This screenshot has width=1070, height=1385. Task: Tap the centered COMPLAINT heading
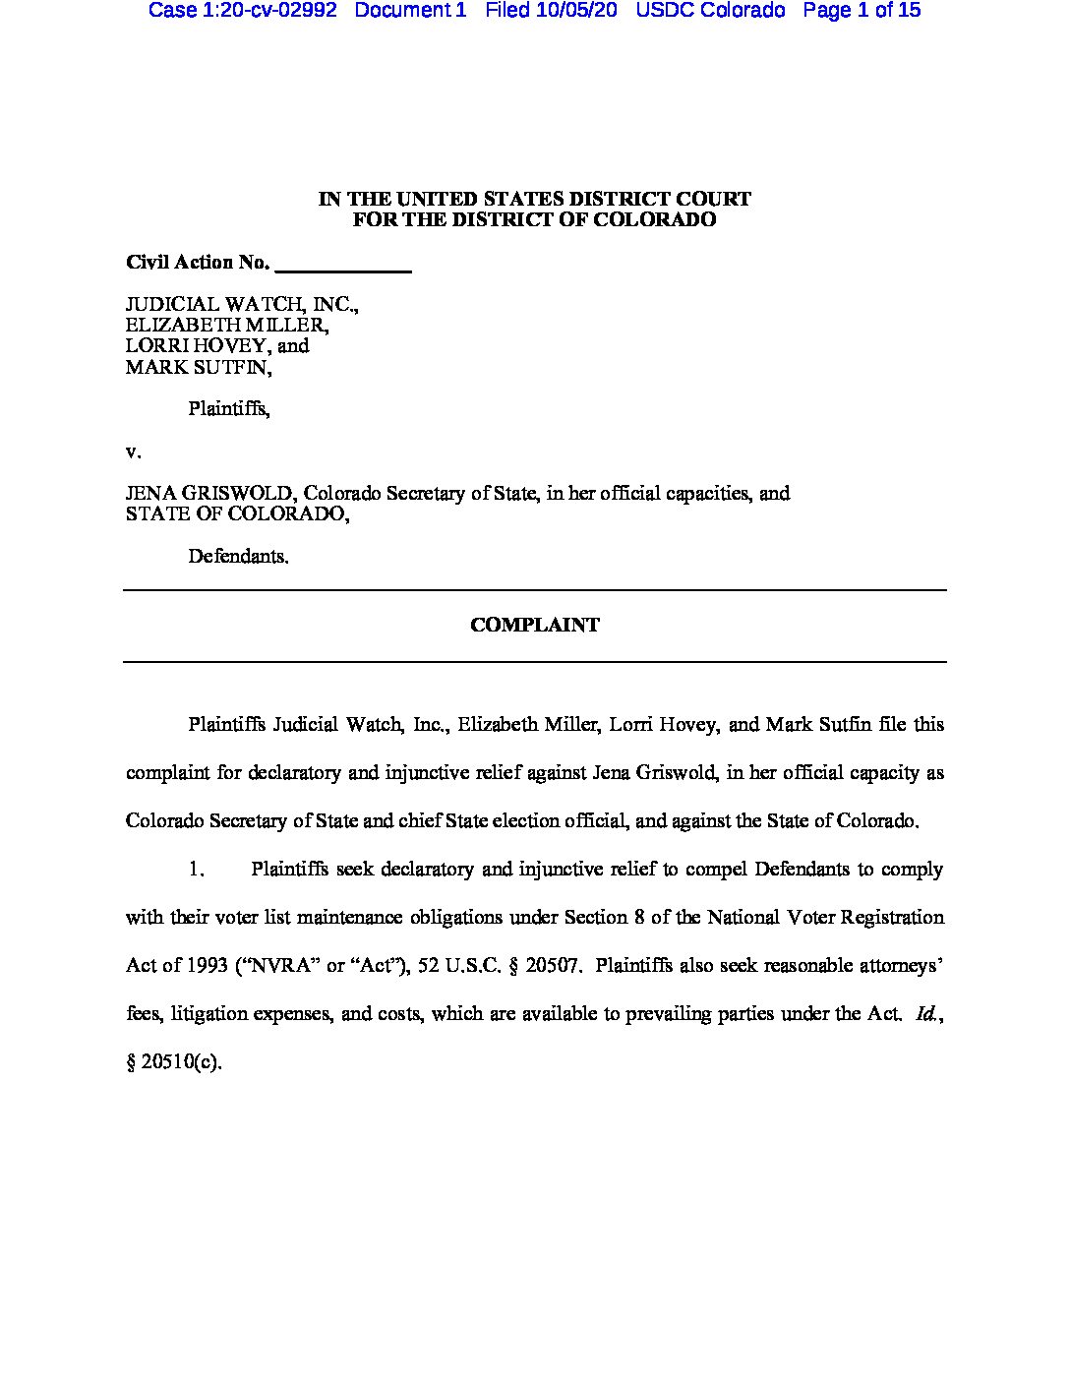pos(534,625)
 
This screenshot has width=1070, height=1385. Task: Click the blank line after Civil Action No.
pos(344,264)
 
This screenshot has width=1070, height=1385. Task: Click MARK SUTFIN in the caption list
pos(197,368)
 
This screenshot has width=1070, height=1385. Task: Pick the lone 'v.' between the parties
pos(134,452)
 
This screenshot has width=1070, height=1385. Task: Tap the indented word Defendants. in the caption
pos(238,556)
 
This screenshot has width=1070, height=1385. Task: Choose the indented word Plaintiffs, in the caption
pos(229,408)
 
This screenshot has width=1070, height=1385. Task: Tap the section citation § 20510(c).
pos(174,1061)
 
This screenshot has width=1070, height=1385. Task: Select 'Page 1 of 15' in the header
pos(862,11)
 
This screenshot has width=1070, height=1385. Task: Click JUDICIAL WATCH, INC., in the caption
pos(242,304)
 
